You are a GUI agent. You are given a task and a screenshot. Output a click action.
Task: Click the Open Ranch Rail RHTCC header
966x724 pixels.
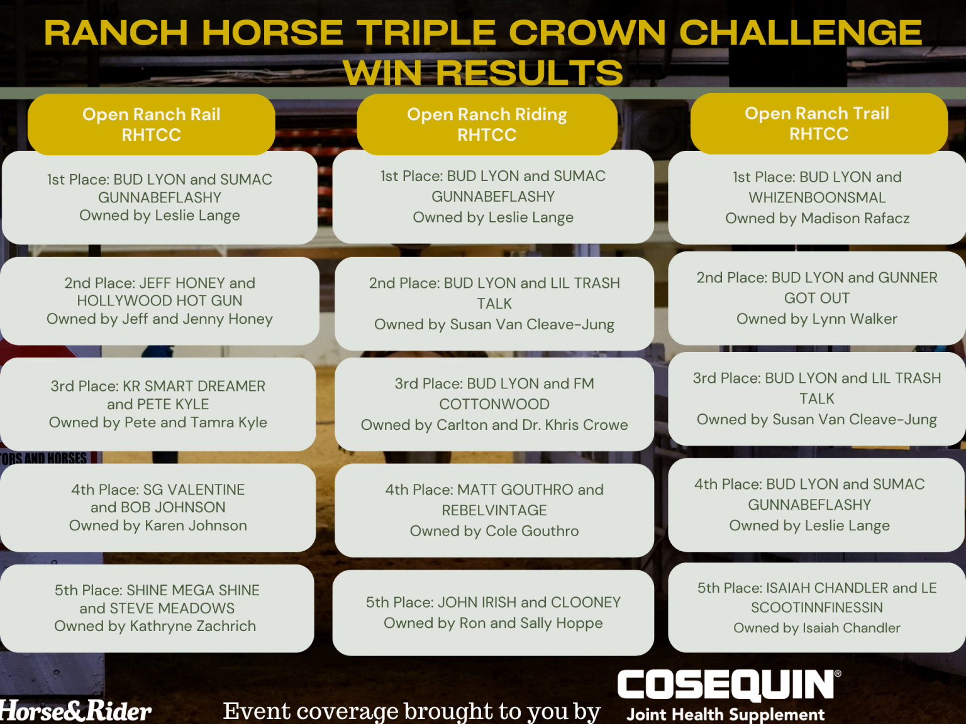151,124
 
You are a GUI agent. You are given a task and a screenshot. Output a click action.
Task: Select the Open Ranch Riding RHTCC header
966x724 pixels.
487,124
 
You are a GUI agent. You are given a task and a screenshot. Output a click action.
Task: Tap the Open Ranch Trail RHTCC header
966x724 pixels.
818,123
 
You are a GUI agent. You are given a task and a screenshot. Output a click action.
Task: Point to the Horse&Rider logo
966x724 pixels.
75,711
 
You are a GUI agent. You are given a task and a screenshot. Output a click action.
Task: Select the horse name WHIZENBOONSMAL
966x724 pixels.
817,197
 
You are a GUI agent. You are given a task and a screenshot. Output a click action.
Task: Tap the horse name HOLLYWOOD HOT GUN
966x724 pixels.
159,300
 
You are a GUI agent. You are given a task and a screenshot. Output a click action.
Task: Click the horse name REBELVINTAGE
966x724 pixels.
494,510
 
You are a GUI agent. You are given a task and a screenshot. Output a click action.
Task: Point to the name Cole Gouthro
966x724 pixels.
532,531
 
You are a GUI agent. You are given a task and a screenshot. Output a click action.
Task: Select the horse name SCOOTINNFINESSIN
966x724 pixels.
817,608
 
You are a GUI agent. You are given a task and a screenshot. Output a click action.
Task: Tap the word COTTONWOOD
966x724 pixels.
494,404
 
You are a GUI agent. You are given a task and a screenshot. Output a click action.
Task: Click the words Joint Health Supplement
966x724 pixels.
725,715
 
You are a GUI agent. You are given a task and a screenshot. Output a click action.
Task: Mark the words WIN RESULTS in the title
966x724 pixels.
483,72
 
